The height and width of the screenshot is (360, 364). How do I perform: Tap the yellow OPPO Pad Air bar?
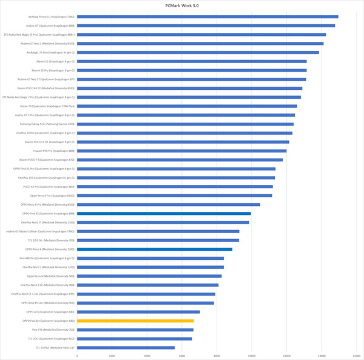coord(135,321)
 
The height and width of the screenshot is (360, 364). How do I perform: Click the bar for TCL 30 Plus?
coord(126,347)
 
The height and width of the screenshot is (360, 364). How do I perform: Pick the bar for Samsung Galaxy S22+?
coord(185,124)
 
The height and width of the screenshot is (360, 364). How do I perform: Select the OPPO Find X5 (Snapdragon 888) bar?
coord(164,214)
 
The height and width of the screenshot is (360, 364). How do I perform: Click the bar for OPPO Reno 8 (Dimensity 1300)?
coord(155,249)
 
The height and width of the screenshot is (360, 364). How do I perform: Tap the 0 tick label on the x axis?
coord(77,355)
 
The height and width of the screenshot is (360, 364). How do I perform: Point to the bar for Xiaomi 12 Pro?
coord(192,70)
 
